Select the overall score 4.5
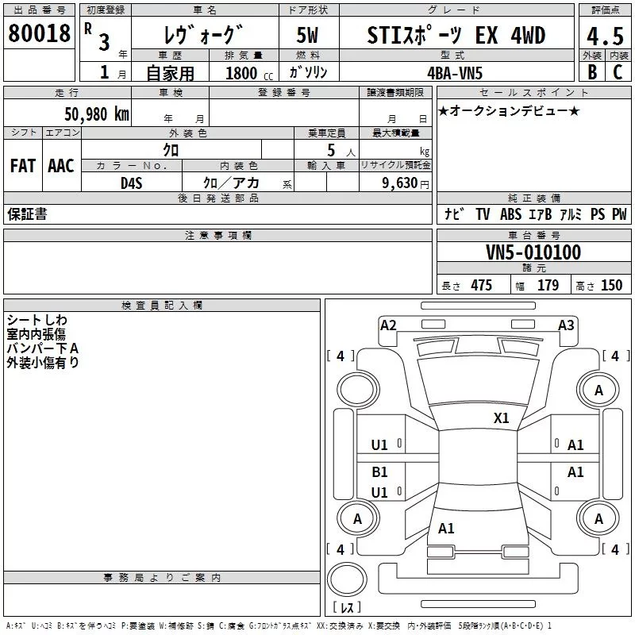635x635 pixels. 604,37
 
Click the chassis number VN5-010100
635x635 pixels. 533,252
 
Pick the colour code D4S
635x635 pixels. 131,183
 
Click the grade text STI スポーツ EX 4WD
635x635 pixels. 456,36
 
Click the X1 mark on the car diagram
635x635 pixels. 501,418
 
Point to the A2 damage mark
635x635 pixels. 388,325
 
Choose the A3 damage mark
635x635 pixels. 566,325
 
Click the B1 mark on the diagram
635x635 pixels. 380,471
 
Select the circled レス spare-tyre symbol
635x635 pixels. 347,583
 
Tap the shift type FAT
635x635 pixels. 23,165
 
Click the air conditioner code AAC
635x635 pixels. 61,165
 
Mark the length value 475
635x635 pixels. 480,286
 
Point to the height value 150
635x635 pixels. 611,286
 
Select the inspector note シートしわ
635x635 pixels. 37,319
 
